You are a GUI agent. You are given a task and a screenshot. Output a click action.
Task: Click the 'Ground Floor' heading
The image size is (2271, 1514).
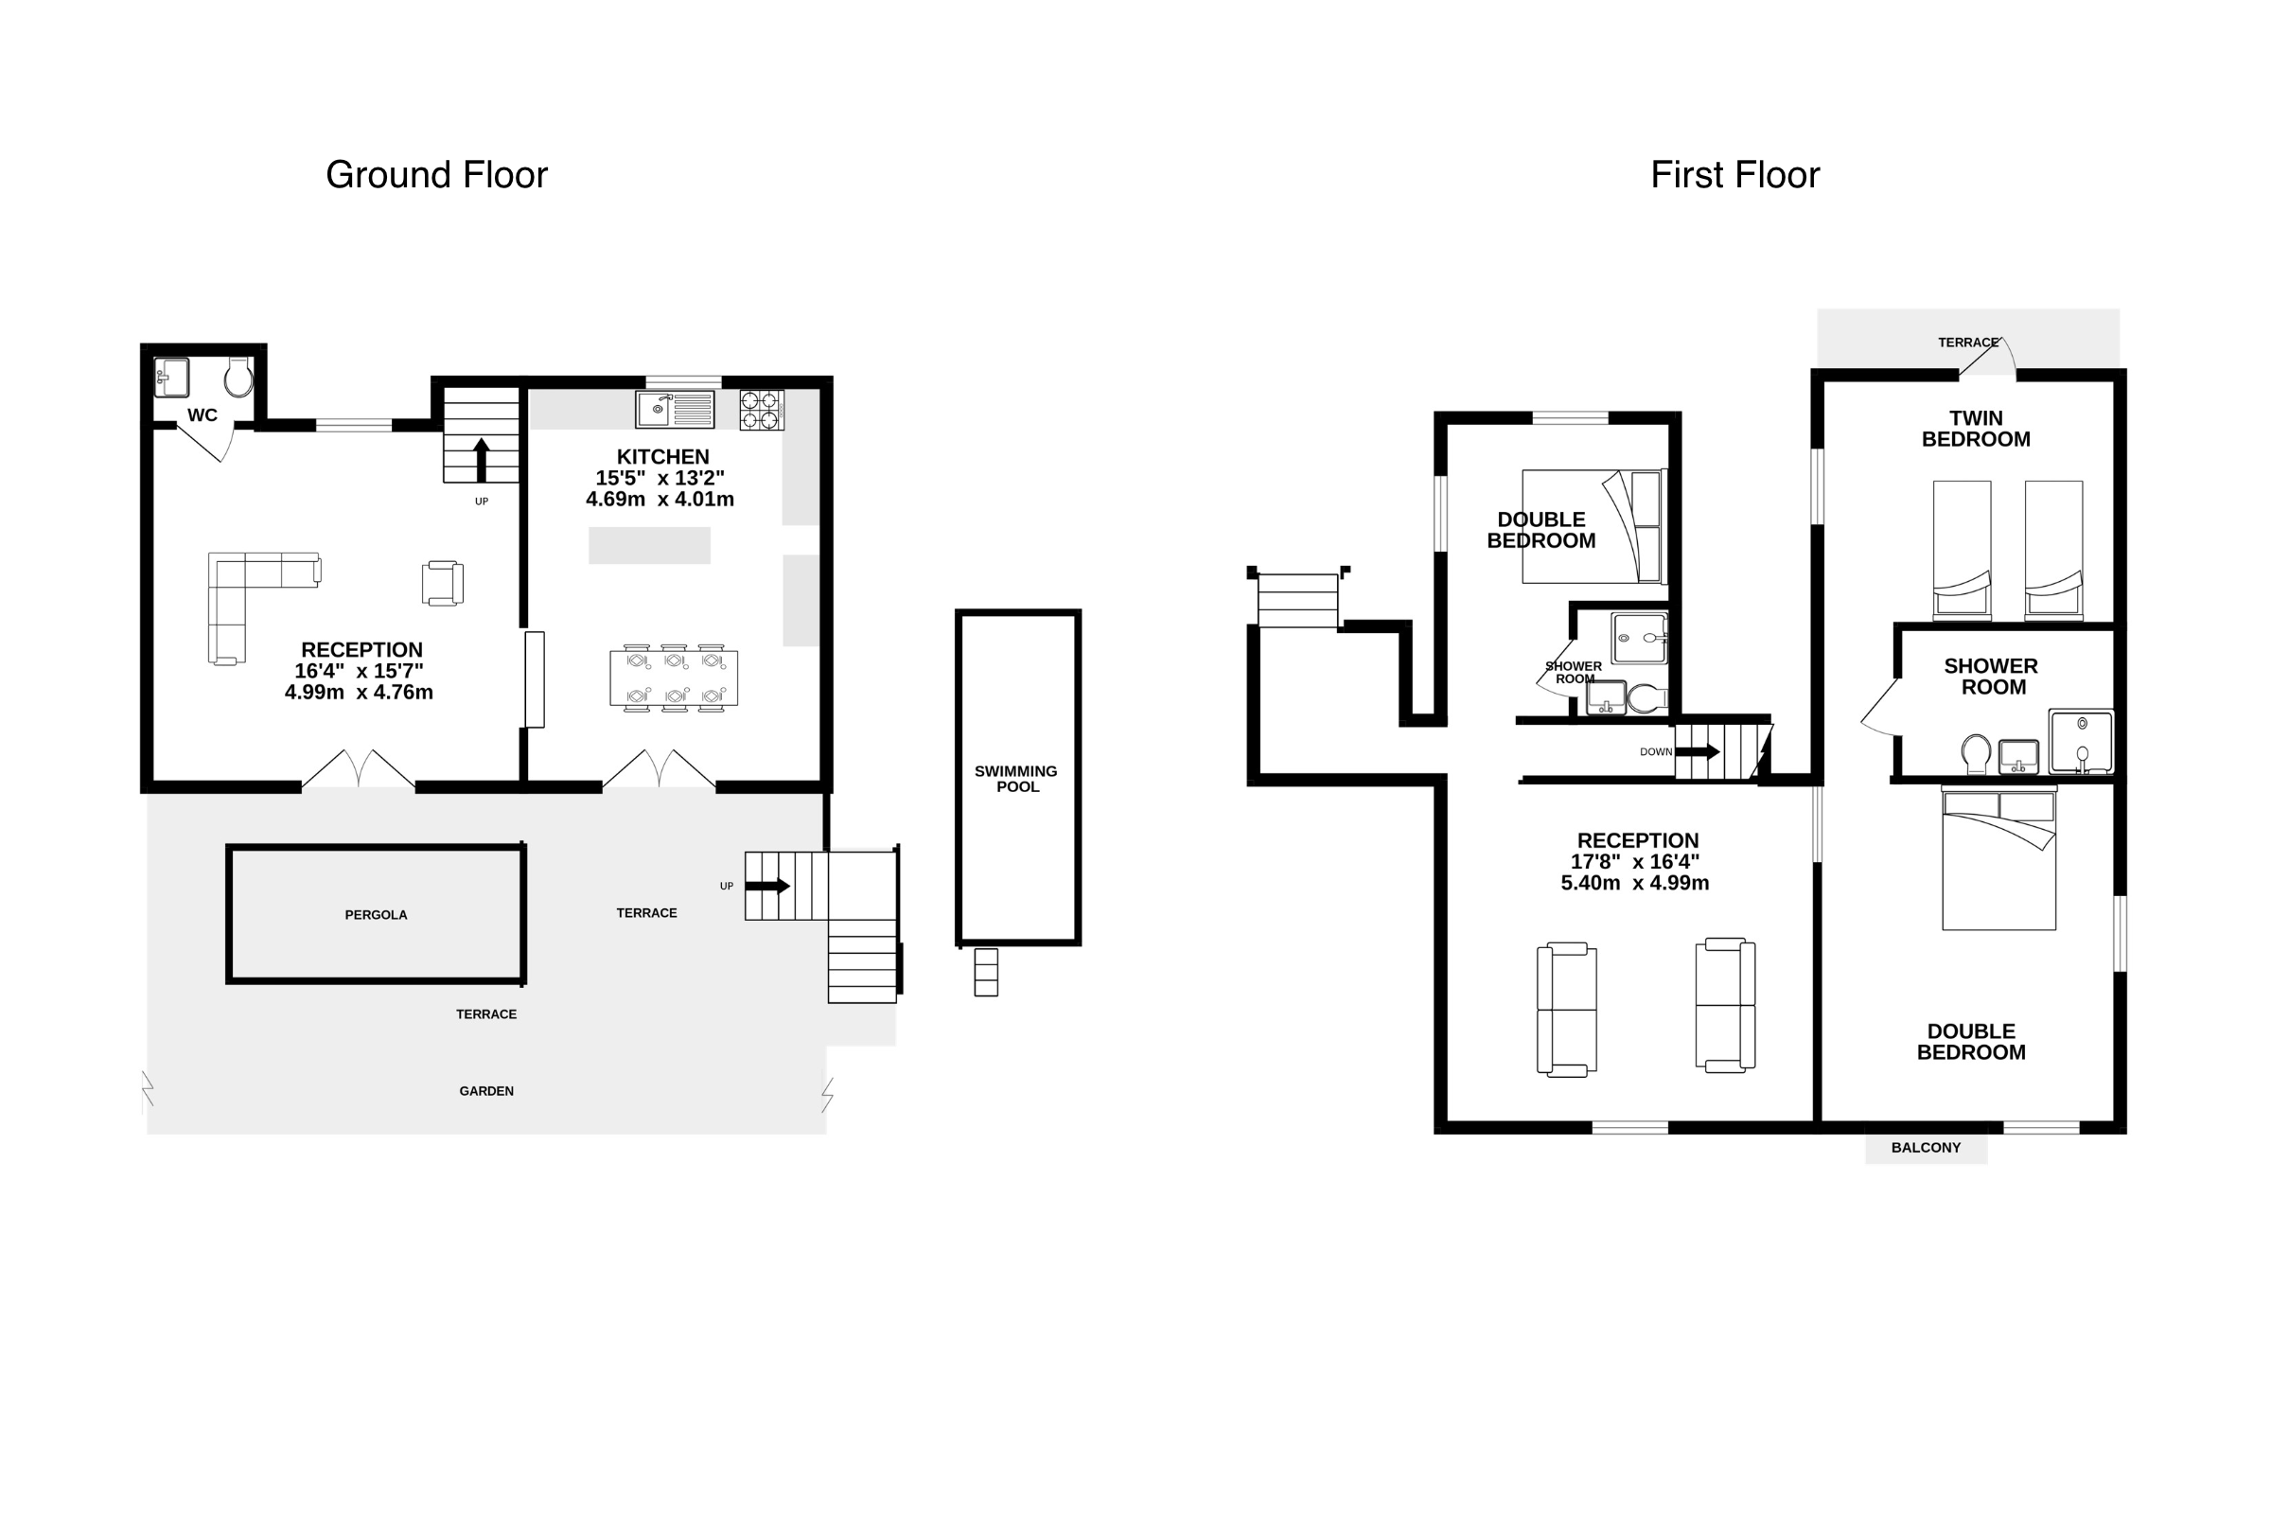(436, 175)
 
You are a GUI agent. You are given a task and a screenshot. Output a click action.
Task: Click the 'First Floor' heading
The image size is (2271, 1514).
(1735, 175)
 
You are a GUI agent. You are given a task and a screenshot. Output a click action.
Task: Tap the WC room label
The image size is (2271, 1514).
(202, 415)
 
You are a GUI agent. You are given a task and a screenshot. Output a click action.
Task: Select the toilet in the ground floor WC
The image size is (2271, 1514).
(238, 378)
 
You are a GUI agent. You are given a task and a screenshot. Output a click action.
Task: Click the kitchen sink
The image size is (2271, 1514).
(675, 410)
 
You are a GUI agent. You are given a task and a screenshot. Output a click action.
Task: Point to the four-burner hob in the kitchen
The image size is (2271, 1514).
(762, 410)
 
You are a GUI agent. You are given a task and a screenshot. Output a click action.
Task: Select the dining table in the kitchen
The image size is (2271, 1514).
(674, 678)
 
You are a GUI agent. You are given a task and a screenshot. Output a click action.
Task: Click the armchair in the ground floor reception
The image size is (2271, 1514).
(442, 583)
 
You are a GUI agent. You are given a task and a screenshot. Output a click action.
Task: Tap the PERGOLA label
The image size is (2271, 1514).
(376, 914)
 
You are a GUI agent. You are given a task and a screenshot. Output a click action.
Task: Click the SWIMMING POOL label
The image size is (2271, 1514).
(1015, 778)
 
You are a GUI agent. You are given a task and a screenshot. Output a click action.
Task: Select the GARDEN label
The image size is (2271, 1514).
(486, 1091)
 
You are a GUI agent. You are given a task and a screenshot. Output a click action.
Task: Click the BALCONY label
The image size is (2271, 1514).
(1927, 1147)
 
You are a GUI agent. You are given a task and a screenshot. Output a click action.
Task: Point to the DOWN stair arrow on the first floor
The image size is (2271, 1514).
(1699, 751)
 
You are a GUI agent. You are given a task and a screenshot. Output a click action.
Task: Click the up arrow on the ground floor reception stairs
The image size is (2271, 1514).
(481, 460)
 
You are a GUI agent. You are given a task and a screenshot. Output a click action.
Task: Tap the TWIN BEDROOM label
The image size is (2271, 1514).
(1976, 429)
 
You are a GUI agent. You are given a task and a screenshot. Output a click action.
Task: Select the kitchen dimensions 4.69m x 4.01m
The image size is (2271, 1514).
(660, 500)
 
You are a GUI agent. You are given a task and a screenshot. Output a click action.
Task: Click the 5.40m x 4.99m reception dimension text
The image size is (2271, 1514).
(1635, 883)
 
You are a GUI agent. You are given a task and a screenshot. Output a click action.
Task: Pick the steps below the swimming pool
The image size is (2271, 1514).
(986, 972)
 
